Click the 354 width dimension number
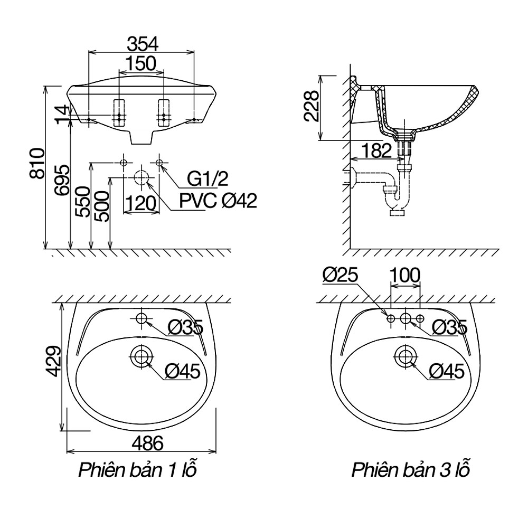coord(142,44)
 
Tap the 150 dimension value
coord(141,63)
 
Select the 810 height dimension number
coord(37,163)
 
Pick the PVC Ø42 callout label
coord(218,201)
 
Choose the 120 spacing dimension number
coord(140,203)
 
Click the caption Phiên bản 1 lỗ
coord(137,469)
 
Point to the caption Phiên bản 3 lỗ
coord(411,469)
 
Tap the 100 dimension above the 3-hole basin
coord(405,275)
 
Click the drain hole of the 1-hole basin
coord(142,356)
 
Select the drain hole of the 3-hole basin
coord(406,356)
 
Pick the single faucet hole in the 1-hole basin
coord(142,318)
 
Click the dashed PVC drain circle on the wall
coord(142,177)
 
